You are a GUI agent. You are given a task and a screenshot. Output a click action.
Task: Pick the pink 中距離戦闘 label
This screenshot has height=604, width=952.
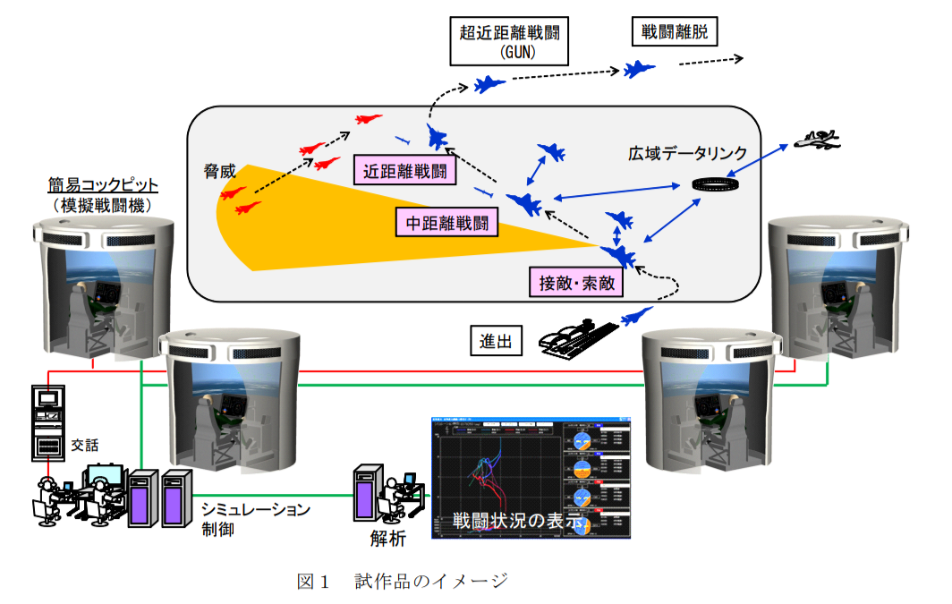tap(446, 223)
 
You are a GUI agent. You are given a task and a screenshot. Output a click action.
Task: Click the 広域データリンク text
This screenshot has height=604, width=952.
tap(687, 154)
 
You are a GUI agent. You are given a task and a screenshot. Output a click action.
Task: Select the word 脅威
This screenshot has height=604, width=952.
tap(219, 169)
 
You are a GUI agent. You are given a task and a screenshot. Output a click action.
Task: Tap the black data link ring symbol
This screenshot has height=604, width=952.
tap(716, 185)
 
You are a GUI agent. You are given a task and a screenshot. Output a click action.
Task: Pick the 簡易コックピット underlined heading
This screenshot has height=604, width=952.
tap(102, 185)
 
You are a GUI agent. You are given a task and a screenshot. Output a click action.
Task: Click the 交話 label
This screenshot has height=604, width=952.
tap(82, 443)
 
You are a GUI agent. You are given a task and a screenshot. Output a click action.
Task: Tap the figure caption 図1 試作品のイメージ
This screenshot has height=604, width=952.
tap(402, 581)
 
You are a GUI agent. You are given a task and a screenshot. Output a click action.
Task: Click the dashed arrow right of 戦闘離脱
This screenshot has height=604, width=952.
tap(710, 61)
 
